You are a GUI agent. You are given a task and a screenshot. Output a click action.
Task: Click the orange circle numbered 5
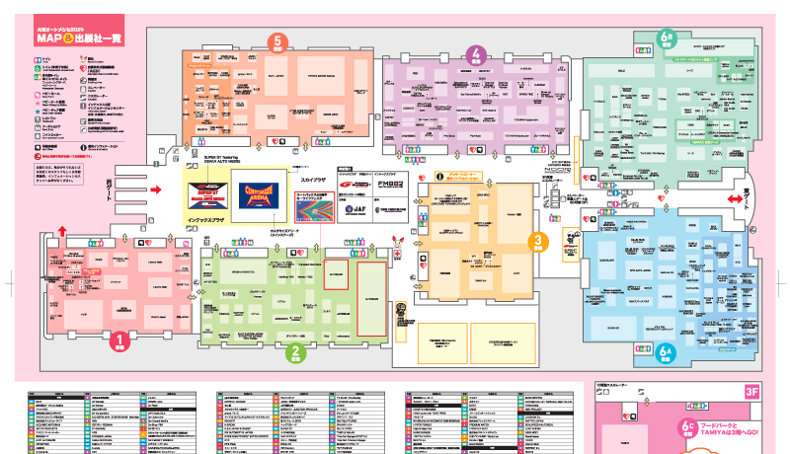tap(278, 43)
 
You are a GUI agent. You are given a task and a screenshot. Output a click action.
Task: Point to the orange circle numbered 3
tap(538, 241)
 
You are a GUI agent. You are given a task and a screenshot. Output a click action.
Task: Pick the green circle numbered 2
tap(293, 349)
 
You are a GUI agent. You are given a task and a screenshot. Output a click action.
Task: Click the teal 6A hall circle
tap(666, 349)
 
